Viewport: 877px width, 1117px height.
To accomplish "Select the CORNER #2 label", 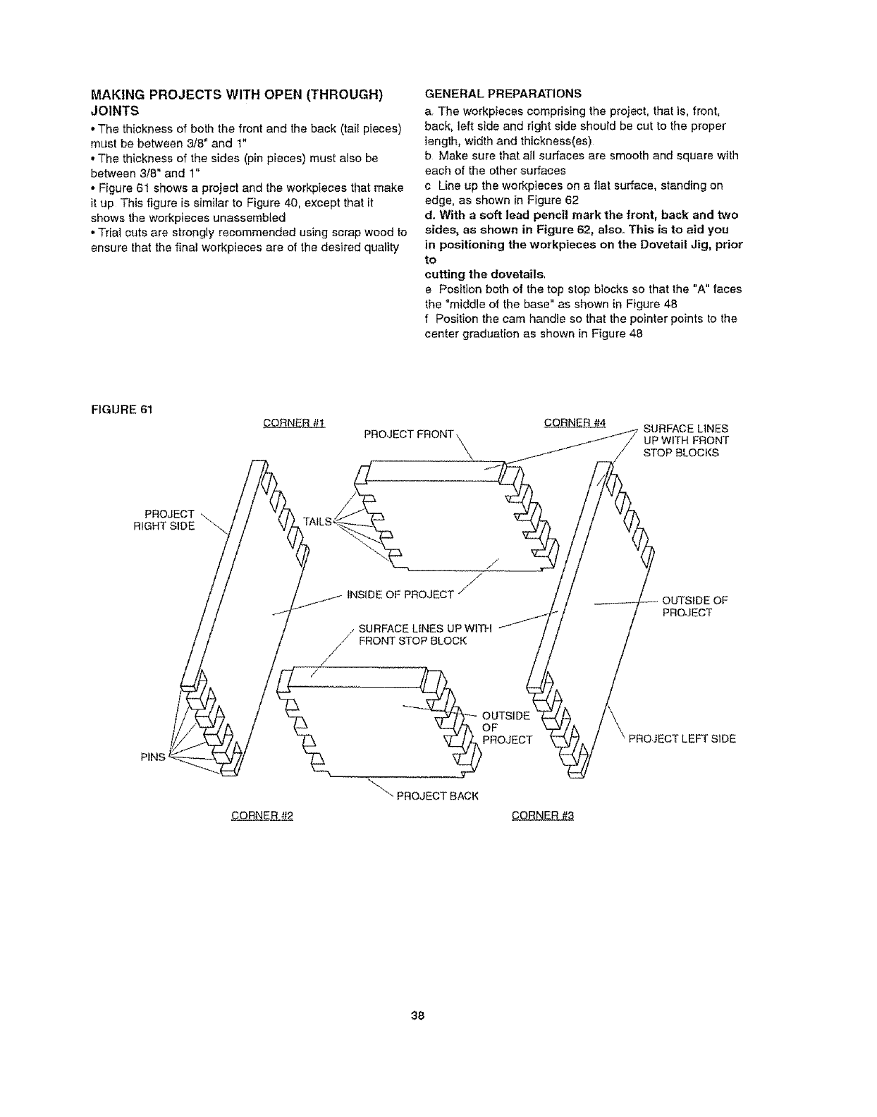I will [262, 817].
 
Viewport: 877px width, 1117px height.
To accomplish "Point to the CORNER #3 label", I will [543, 817].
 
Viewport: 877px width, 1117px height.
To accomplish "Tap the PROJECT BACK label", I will [438, 796].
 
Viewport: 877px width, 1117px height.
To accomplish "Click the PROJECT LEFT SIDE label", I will [682, 739].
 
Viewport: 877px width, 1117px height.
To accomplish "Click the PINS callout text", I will [152, 757].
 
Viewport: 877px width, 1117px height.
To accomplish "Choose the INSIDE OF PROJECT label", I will [400, 594].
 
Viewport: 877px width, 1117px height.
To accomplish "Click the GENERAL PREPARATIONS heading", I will [503, 92].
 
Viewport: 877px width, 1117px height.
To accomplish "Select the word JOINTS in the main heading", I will [115, 111].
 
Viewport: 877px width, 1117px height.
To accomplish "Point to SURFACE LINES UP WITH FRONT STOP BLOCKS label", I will [686, 441].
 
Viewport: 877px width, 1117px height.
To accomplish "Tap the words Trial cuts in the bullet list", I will [121, 232].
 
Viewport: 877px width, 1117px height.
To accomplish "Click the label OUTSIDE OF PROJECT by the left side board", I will [694, 606].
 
